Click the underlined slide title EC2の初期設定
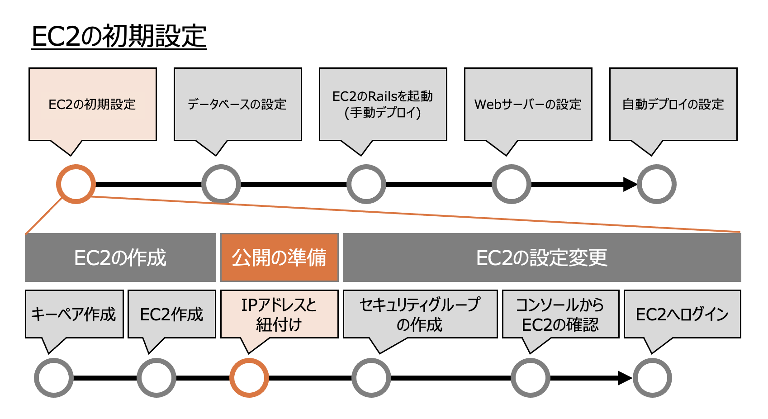pos(119,36)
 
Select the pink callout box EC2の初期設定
pos(92,105)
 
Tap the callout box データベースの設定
pos(237,105)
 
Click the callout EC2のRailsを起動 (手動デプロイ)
pos(383,105)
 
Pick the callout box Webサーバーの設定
pos(528,105)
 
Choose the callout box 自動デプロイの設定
pos(673,105)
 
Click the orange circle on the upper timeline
pos(76,184)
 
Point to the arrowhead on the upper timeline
pos(630,184)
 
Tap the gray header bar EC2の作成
pos(120,257)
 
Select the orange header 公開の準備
pos(279,257)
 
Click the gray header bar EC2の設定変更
pos(541,257)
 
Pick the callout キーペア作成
pos(74,314)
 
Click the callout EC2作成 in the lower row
pos(171,314)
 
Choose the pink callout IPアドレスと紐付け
pos(279,314)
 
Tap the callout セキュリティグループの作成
pos(420,314)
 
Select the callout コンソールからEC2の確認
pos(560,314)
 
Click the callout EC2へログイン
pos(682,314)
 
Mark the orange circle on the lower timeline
pos(249,378)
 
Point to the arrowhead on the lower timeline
pos(625,378)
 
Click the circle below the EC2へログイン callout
pos(652,378)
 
